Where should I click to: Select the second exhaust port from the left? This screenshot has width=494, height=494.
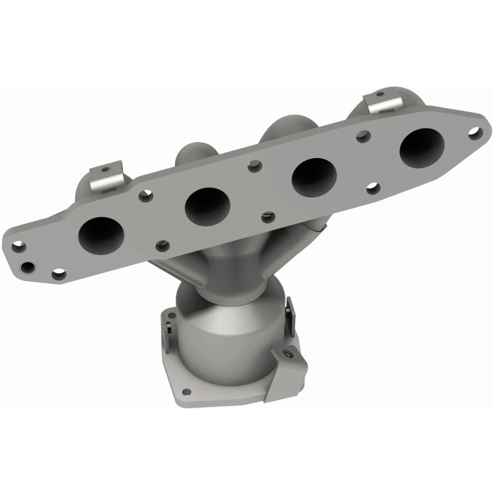(207, 204)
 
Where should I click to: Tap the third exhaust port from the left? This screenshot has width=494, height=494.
(314, 177)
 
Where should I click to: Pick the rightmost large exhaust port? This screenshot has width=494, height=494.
(422, 147)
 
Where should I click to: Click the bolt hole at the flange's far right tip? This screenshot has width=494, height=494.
(474, 132)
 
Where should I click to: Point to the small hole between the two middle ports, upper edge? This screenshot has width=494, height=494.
(253, 165)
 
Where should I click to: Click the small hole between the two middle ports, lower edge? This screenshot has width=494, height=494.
(267, 217)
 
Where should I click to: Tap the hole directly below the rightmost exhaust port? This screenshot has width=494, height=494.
(372, 188)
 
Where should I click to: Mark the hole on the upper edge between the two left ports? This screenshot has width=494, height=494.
(144, 197)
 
